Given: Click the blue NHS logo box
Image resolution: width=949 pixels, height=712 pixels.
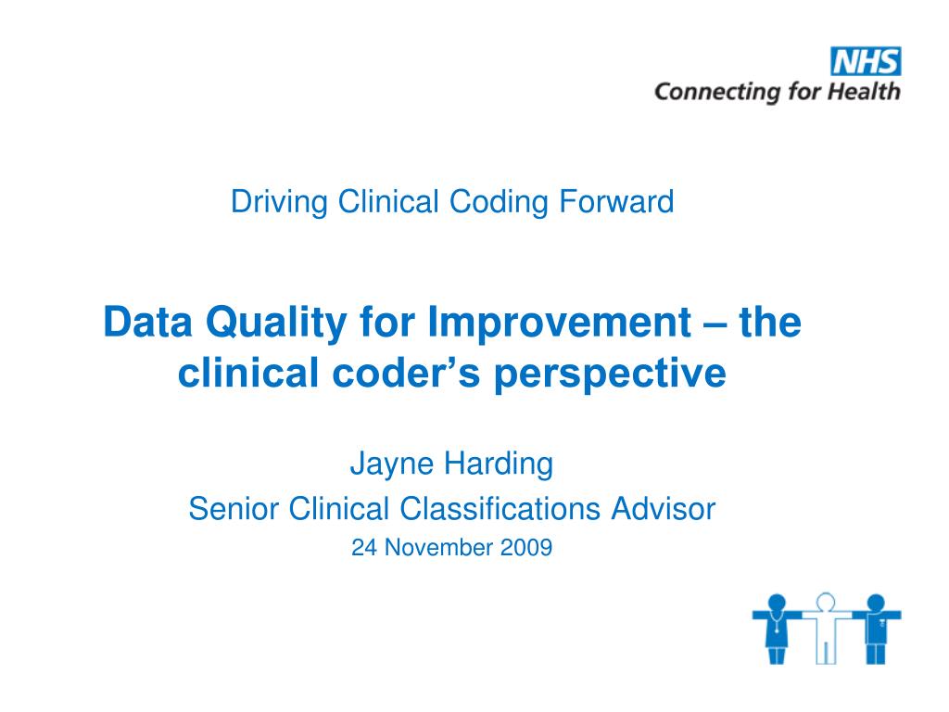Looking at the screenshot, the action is (x=866, y=61).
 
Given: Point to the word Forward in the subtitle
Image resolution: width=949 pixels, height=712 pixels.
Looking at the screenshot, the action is (x=616, y=201).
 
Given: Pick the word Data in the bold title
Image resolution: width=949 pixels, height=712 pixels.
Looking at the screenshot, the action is (x=147, y=322).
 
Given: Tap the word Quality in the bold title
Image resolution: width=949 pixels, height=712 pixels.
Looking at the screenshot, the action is (x=276, y=324).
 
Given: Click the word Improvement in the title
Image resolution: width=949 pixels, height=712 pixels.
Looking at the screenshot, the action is (x=559, y=323).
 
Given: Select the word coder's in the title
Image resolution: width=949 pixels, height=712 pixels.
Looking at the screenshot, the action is (x=406, y=373).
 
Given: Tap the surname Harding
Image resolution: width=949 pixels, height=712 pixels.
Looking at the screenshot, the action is (x=498, y=464).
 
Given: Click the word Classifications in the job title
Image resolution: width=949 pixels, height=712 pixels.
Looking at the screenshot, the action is (x=500, y=509).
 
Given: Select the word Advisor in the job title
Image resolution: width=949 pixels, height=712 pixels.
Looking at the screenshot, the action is (x=664, y=509).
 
